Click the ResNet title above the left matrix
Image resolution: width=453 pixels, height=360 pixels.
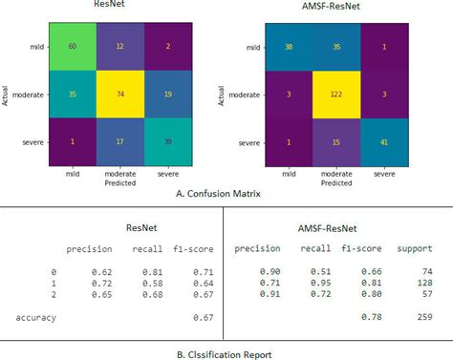[115, 6]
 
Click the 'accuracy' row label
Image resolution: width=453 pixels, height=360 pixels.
[36, 317]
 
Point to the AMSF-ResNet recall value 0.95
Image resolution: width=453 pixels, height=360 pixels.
[318, 284]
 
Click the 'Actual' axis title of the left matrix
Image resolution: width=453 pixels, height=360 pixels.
[7, 95]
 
